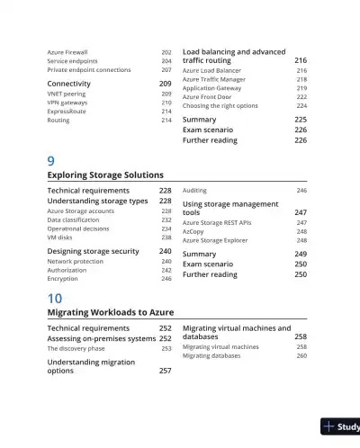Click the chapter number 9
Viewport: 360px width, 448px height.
[x=50, y=160]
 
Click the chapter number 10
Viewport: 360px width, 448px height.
[x=54, y=297]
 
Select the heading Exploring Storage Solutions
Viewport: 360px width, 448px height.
[x=104, y=175]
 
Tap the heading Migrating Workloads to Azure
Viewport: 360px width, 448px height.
[x=110, y=311]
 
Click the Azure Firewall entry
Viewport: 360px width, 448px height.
[x=67, y=53]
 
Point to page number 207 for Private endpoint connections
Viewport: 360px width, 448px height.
[x=166, y=69]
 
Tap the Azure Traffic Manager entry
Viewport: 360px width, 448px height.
[x=213, y=79]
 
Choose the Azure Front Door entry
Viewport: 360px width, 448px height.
[x=208, y=97]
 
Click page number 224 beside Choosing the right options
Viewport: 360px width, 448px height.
[x=301, y=106]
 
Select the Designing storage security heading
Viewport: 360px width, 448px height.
[x=93, y=252]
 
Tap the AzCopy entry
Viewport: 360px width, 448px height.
[x=193, y=231]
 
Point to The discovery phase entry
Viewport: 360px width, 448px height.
[x=76, y=348]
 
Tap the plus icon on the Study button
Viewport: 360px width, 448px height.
[x=330, y=426]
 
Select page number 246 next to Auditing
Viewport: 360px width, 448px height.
[x=301, y=191]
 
